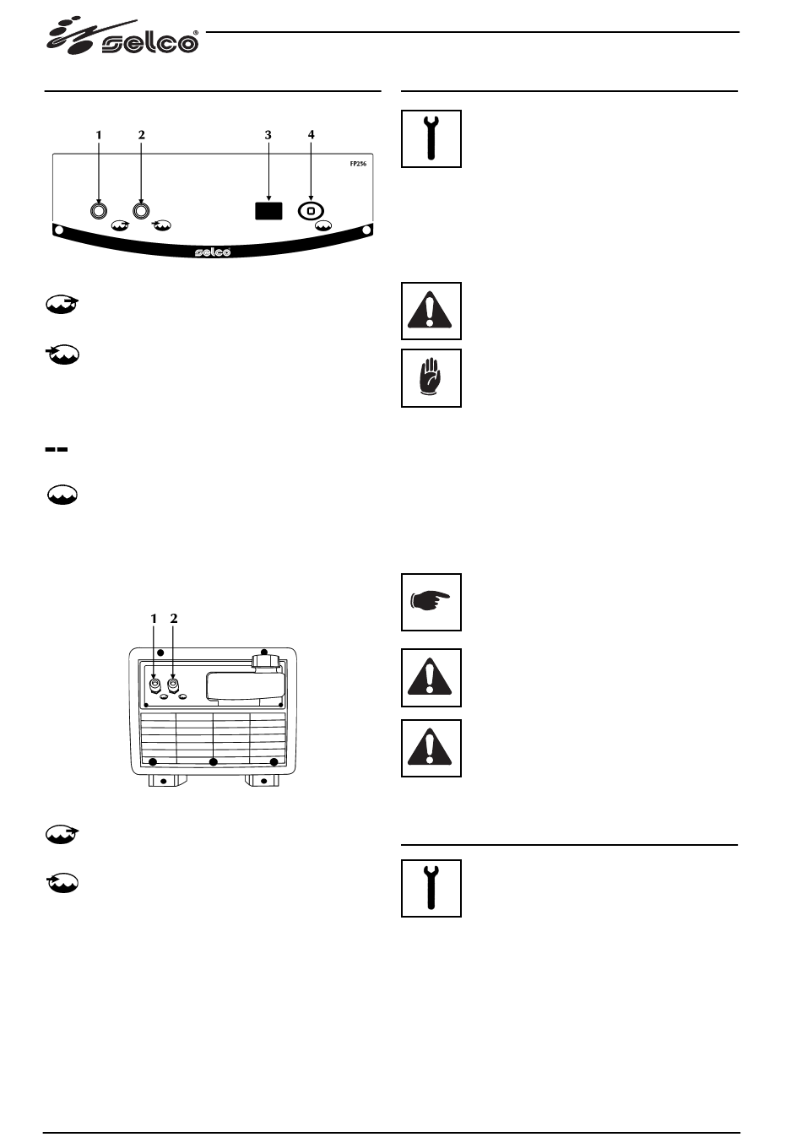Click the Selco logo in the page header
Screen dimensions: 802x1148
point(122,39)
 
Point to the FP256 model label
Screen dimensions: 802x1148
point(358,165)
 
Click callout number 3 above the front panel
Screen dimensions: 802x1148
point(268,135)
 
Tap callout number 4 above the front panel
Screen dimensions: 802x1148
point(311,135)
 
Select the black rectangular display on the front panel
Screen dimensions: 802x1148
point(268,209)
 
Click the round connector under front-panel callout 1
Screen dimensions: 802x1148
point(99,210)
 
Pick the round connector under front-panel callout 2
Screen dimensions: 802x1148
point(141,210)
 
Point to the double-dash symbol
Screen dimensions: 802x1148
point(56,450)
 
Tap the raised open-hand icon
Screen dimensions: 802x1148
point(431,378)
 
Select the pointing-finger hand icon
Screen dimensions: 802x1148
point(431,601)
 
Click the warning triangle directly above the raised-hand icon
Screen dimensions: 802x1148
point(431,311)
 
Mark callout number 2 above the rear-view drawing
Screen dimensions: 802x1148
point(174,618)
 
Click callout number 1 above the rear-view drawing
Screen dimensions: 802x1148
point(154,618)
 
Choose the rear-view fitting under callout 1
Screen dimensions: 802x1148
point(154,685)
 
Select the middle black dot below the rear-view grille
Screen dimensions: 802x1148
point(214,762)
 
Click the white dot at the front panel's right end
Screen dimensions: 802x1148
point(367,230)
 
